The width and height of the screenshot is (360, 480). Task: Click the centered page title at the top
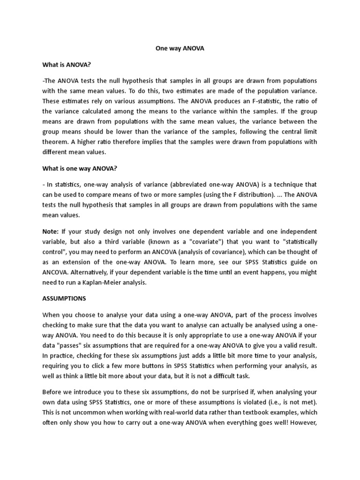click(x=180, y=48)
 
